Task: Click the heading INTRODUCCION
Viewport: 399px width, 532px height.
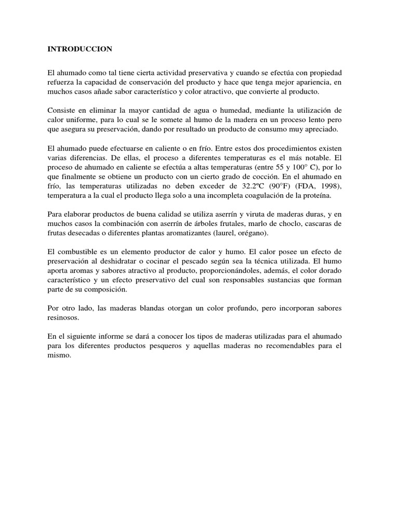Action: click(79, 49)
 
